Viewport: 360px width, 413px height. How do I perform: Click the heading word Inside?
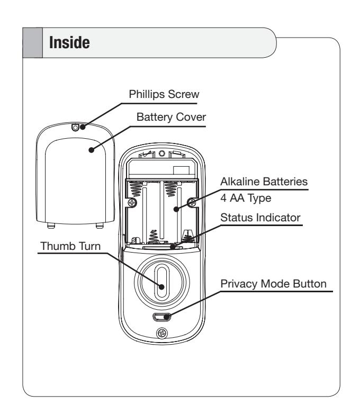click(69, 43)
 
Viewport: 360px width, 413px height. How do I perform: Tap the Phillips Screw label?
click(164, 94)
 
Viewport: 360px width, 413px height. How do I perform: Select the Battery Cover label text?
click(171, 117)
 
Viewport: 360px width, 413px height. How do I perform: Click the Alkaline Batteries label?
click(264, 182)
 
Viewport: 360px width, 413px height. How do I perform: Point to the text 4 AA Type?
click(246, 198)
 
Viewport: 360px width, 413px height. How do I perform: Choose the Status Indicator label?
click(260, 218)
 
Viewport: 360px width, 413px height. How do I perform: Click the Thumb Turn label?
click(70, 246)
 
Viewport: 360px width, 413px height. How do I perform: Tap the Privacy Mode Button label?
click(273, 284)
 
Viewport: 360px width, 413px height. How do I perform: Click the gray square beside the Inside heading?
click(32, 43)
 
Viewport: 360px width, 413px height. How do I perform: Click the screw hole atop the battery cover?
click(75, 128)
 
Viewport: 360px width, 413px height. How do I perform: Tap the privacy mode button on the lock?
click(161, 317)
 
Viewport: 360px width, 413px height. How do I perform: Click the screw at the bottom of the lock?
click(162, 334)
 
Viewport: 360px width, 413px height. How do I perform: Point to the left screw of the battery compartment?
click(132, 203)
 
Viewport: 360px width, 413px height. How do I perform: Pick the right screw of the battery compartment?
click(192, 203)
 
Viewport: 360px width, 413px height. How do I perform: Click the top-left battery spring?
click(137, 188)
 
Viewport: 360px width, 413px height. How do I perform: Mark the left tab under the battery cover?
click(51, 226)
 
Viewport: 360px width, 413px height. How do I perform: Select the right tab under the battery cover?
click(100, 226)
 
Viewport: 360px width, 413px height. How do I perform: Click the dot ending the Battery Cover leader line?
click(92, 150)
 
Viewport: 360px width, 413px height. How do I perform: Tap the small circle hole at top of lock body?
click(161, 153)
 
